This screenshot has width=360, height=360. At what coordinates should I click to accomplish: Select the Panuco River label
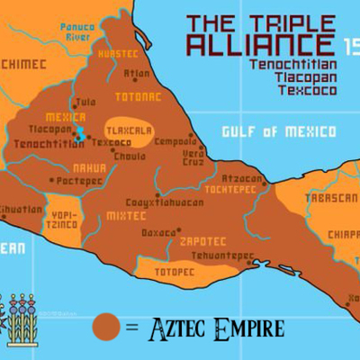coord(79,32)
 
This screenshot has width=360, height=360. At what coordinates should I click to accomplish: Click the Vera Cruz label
coord(194,156)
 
